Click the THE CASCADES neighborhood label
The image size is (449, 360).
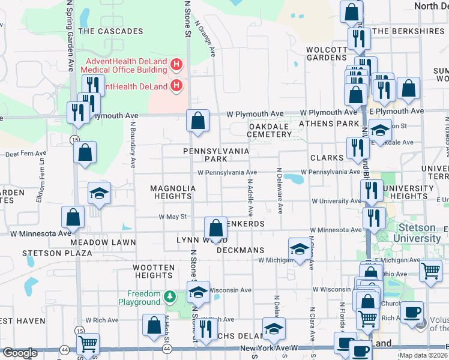(x=110, y=31)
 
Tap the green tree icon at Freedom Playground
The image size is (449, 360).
(x=170, y=296)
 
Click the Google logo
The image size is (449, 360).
(x=20, y=352)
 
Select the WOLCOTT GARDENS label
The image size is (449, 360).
(x=327, y=53)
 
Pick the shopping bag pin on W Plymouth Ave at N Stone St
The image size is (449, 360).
(x=197, y=121)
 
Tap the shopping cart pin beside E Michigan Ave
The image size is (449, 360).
(x=430, y=271)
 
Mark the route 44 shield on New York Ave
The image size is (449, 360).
(x=64, y=349)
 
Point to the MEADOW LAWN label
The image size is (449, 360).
(x=103, y=242)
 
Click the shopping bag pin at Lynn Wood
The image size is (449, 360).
(x=215, y=228)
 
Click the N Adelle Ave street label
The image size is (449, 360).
(x=250, y=200)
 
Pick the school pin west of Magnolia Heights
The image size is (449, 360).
(x=100, y=193)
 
